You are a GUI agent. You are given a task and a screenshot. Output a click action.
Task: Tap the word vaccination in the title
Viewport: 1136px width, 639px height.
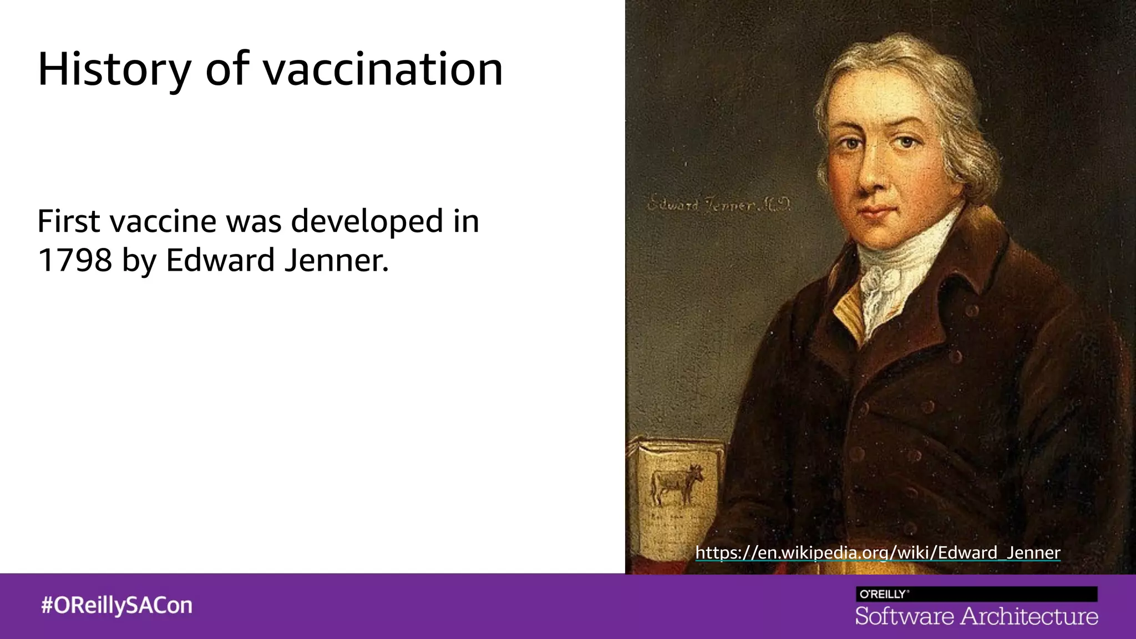point(382,69)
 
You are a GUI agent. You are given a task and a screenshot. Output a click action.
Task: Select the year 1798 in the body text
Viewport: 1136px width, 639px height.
point(75,260)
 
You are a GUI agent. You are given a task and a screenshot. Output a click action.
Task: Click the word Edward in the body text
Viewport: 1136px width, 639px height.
point(220,260)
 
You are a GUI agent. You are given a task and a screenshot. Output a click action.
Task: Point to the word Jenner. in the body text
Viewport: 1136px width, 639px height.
point(337,260)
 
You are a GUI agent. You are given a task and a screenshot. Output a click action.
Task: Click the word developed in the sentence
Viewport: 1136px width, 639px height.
point(367,221)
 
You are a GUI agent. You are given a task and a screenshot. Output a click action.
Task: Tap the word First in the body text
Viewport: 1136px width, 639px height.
point(69,221)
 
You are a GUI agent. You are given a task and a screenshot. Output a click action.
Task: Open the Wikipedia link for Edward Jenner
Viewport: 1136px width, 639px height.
point(878,552)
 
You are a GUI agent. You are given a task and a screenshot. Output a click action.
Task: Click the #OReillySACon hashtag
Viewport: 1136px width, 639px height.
point(116,605)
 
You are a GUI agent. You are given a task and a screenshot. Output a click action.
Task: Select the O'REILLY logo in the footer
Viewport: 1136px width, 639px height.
point(884,594)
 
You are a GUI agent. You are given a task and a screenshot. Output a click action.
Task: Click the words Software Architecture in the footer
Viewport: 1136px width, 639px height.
point(976,616)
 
